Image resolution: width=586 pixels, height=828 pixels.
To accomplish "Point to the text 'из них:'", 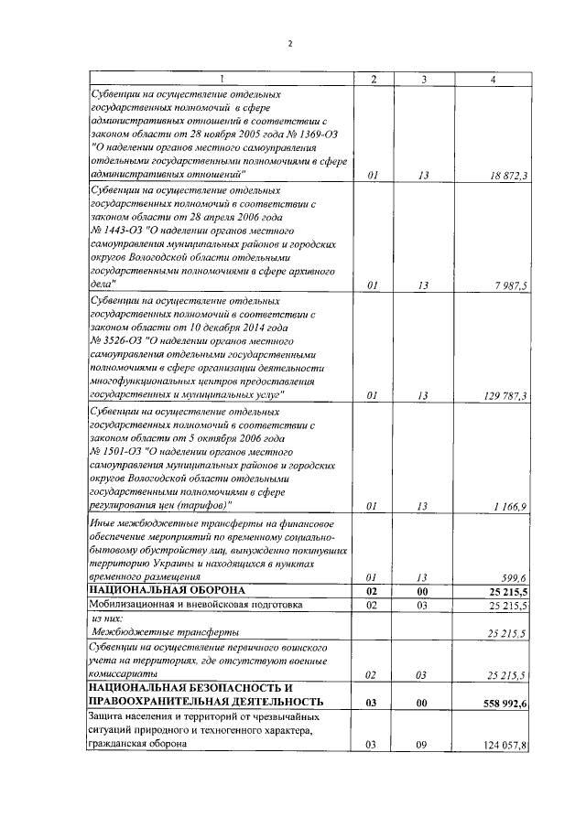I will coord(112,619).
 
